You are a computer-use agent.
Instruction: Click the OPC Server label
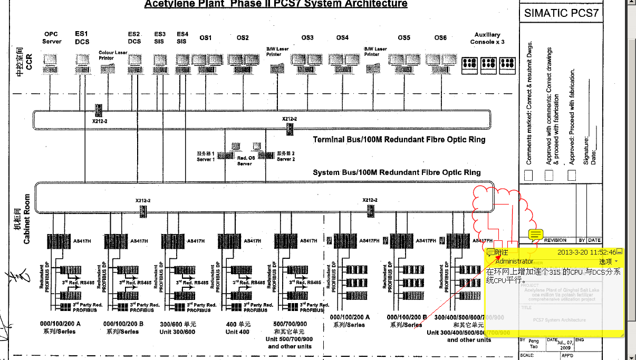52,38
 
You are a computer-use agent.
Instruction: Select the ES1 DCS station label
82,38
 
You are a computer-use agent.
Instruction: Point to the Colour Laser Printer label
113,55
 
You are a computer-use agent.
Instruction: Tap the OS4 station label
342,38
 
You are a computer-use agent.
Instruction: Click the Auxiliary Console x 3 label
487,38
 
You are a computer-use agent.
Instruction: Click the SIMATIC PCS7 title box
561,13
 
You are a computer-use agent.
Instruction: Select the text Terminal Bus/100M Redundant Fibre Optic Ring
399,140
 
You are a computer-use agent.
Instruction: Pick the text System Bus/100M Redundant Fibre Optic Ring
397,172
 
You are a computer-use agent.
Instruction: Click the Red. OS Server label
244,161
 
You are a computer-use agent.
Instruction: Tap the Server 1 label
206,157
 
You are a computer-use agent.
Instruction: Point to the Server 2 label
286,157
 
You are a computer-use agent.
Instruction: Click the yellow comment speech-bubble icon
536,234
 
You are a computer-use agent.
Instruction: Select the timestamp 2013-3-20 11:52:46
586,252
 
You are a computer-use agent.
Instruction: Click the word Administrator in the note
514,261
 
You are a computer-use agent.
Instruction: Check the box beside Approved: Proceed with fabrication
572,176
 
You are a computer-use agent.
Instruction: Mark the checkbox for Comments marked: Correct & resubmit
528,176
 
